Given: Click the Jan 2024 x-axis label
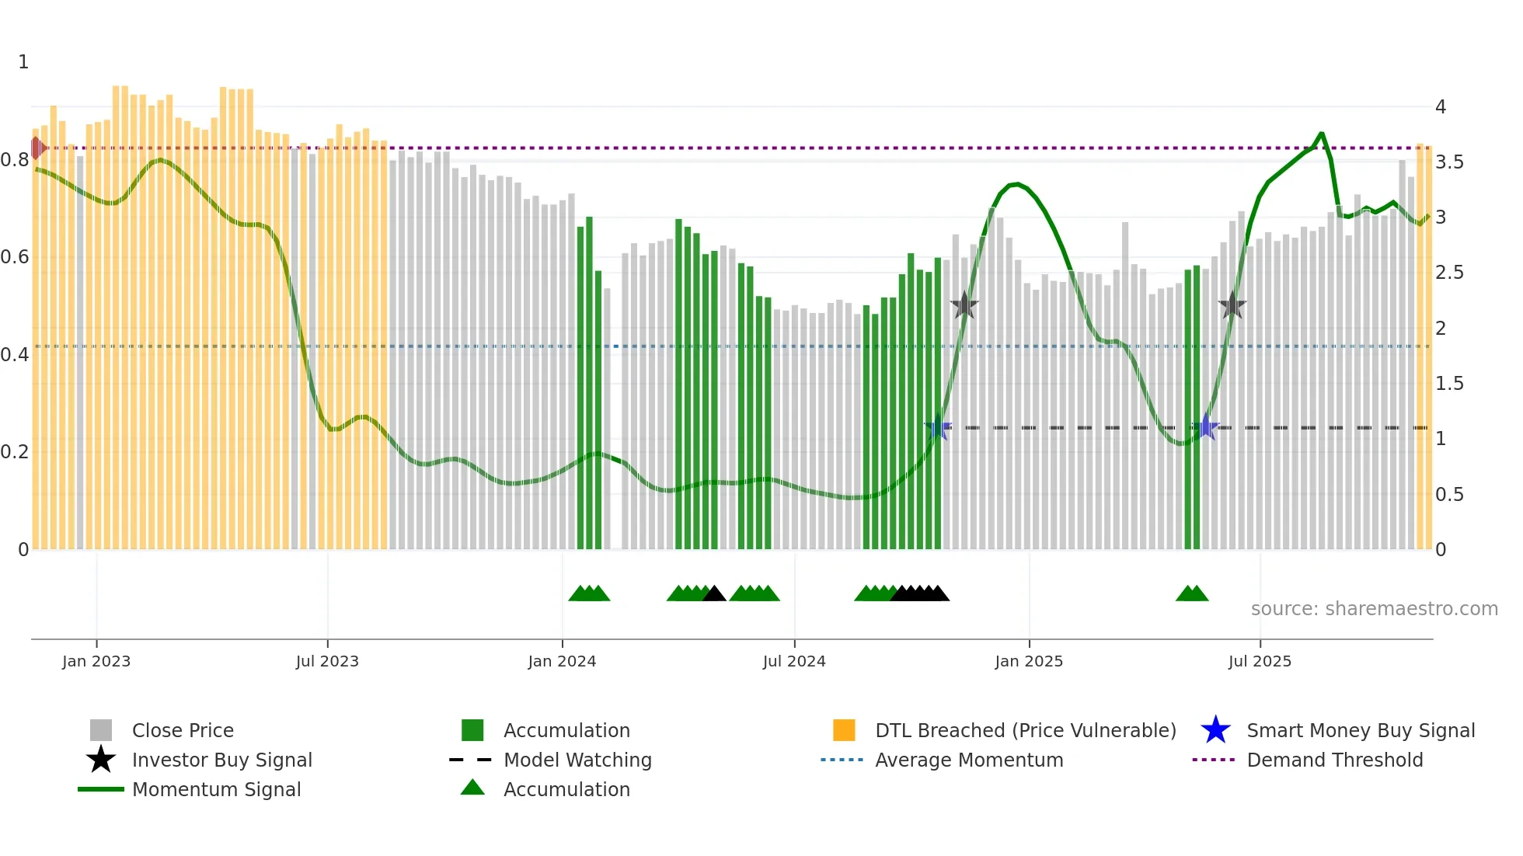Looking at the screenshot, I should pyautogui.click(x=562, y=661).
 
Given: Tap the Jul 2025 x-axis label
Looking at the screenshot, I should pyautogui.click(x=1260, y=661).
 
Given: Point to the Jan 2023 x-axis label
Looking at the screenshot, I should pyautogui.click(x=96, y=661).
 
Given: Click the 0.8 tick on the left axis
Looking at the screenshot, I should pyautogui.click(x=15, y=160).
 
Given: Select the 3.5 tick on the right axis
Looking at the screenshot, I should pyautogui.click(x=1449, y=162).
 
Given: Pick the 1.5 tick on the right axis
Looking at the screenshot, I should pyautogui.click(x=1449, y=383).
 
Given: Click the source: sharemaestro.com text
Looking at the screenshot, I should pyautogui.click(x=1374, y=608).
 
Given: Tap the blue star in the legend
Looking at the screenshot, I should pyautogui.click(x=1215, y=730).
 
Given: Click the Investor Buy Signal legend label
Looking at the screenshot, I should pyautogui.click(x=221, y=760).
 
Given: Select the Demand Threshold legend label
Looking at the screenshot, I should pyautogui.click(x=1334, y=760).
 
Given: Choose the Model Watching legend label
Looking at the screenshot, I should pyautogui.click(x=577, y=760).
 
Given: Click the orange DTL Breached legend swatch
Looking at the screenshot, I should pyautogui.click(x=844, y=730).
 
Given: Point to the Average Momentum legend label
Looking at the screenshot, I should pyautogui.click(x=969, y=760).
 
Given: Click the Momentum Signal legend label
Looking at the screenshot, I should pyautogui.click(x=216, y=789).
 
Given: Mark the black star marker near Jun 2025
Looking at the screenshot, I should pyautogui.click(x=1232, y=306).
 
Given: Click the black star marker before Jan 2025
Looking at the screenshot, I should pyautogui.click(x=964, y=306).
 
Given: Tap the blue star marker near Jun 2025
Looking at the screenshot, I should pyautogui.click(x=1206, y=427).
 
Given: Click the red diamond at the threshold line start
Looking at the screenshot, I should pyautogui.click(x=37, y=148).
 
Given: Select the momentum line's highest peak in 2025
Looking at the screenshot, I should pyautogui.click(x=1321, y=134).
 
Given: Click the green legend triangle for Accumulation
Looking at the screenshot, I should pyautogui.click(x=472, y=788).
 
